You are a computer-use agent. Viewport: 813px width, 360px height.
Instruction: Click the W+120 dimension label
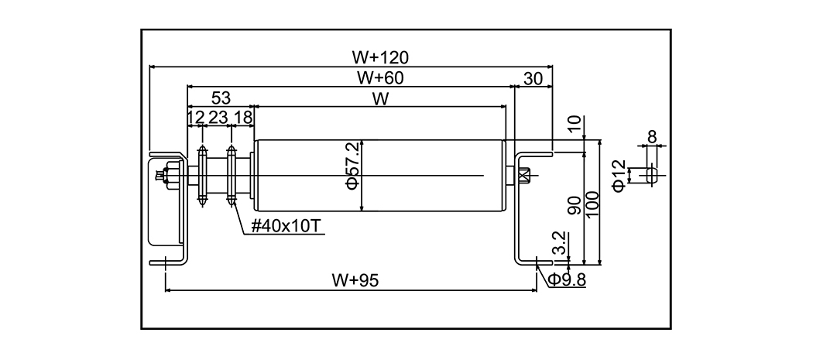pos(379,57)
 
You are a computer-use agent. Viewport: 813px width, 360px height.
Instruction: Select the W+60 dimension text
pos(379,77)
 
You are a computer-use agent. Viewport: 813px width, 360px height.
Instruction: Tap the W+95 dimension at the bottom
pos(354,280)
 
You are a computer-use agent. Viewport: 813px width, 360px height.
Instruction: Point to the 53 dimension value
pos(221,98)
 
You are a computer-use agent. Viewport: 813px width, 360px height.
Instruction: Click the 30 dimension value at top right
pos(533,77)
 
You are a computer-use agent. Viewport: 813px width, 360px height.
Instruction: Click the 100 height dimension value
pos(592,205)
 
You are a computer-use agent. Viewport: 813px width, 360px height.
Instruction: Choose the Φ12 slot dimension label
pos(618,175)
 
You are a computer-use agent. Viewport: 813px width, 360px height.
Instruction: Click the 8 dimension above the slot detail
pos(651,137)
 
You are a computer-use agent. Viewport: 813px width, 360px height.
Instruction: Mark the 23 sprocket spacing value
pos(218,117)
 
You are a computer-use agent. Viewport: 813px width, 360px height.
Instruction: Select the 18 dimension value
pos(242,117)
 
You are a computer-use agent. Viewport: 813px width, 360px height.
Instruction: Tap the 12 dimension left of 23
pos(196,117)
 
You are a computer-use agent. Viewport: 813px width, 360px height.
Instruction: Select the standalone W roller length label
pos(379,98)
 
